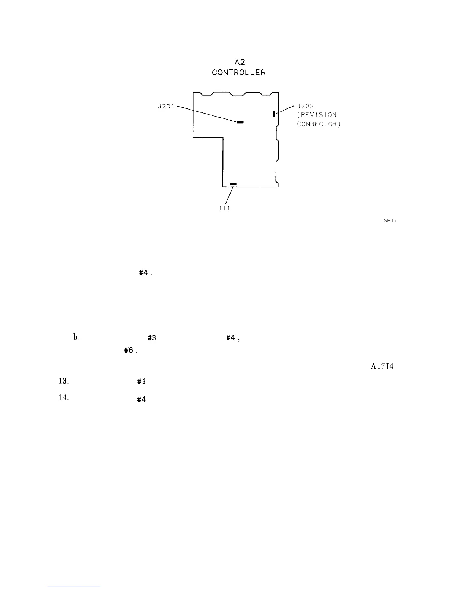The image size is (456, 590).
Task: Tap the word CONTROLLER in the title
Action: [239, 73]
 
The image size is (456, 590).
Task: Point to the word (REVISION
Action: [317, 115]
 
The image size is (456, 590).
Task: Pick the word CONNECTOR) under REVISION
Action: [319, 124]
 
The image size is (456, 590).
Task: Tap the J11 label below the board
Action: [224, 209]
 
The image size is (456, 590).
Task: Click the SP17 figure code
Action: [390, 220]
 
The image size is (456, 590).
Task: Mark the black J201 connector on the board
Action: [240, 122]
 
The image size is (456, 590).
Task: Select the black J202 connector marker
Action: [274, 114]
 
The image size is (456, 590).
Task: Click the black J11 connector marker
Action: [233, 184]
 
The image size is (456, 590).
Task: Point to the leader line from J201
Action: [207, 114]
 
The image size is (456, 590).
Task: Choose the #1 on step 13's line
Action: [141, 382]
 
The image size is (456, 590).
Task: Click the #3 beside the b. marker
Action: [151, 338]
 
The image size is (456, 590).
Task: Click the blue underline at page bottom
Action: [74, 587]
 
